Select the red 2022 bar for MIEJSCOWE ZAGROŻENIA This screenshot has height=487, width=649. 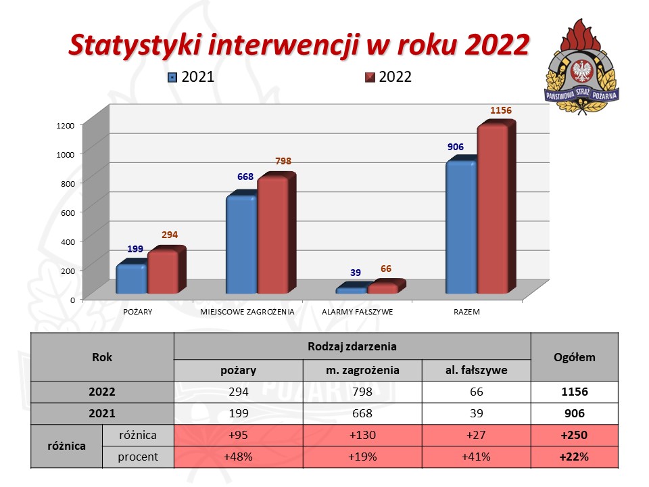click(x=272, y=235)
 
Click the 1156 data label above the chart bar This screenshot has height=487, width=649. click(x=501, y=110)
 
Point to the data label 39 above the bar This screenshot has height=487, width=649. click(x=356, y=273)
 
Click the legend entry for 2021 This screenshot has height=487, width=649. click(x=191, y=76)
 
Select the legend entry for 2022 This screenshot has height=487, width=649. click(x=388, y=76)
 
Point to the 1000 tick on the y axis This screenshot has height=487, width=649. click(x=65, y=154)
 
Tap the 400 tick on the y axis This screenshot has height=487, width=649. click(x=68, y=241)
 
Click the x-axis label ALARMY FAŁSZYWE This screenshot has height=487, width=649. click(x=357, y=312)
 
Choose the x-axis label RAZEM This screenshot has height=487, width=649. click(x=466, y=312)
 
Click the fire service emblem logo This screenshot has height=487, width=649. click(x=582, y=66)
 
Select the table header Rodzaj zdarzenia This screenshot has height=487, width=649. click(x=352, y=346)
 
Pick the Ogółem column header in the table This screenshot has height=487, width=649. click(x=575, y=357)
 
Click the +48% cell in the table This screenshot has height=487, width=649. click(x=238, y=457)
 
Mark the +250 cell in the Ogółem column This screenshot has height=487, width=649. click(x=574, y=435)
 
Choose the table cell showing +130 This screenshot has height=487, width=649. click(x=362, y=435)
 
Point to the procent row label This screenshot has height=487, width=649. click(x=138, y=457)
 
